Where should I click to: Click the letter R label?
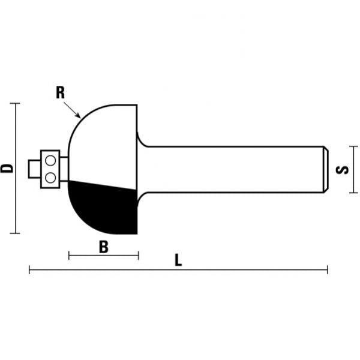click(60, 92)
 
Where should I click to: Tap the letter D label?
click(7, 167)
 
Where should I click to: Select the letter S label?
click(343, 170)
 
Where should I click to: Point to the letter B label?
click(103, 246)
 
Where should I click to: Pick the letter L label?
click(178, 261)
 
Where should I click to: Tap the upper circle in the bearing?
click(50, 160)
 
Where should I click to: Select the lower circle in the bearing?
click(50, 177)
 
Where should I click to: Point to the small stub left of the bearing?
click(34, 169)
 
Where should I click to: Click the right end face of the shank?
click(326, 169)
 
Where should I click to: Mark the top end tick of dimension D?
click(16, 103)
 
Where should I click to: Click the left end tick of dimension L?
click(29, 270)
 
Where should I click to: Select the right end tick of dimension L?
click(328, 270)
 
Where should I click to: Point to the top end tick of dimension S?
click(353, 146)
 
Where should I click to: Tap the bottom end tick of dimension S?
click(353, 193)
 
